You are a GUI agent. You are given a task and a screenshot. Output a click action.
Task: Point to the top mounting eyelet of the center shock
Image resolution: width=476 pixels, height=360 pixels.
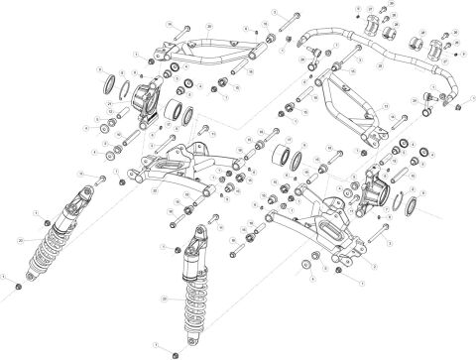[198, 234]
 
